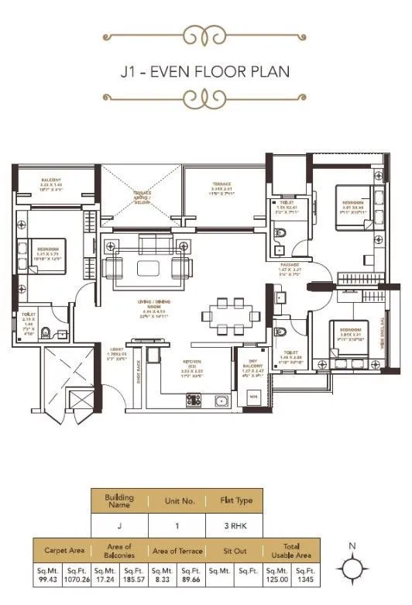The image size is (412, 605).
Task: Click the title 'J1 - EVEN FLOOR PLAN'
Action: pos(205,72)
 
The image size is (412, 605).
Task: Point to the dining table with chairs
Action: pos(230,314)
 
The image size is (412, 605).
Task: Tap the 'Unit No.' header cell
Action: pos(179,500)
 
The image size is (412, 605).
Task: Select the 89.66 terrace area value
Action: pos(191,578)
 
